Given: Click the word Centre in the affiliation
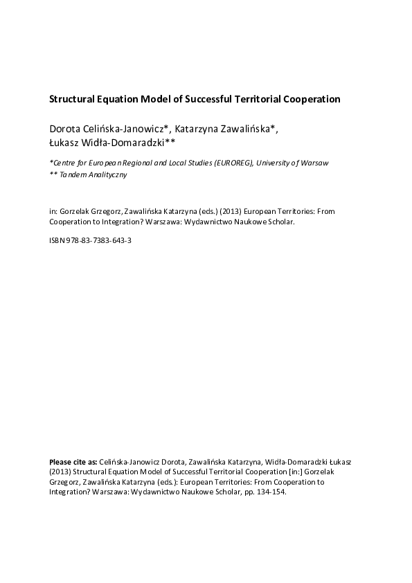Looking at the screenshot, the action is [65, 163].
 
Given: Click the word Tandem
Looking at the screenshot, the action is [73, 175].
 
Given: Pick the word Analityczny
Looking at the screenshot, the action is [107, 175].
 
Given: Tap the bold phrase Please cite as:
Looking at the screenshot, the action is [73, 461].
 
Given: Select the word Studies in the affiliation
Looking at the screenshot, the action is [186, 163].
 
